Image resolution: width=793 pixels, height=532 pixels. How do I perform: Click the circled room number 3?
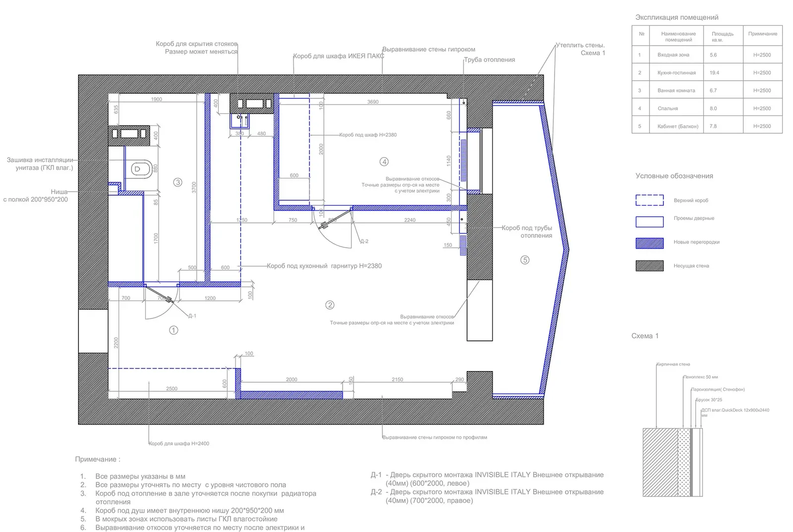click(x=178, y=182)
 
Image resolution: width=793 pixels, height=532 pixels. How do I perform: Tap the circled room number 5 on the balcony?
click(x=525, y=260)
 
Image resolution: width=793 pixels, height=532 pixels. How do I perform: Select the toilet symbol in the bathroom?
click(x=140, y=169)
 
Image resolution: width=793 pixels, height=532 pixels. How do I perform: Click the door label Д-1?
click(x=192, y=316)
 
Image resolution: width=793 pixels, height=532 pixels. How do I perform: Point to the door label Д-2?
click(x=364, y=241)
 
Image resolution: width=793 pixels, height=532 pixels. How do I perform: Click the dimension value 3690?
click(x=373, y=102)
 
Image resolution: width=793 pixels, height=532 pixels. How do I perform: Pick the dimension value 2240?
click(x=409, y=220)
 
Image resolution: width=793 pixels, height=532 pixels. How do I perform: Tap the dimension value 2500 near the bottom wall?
click(x=171, y=389)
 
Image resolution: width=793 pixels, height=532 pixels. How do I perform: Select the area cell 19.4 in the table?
click(x=714, y=73)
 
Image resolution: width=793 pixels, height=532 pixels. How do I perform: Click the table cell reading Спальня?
click(x=668, y=108)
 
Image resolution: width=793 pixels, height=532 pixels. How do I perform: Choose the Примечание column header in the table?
click(x=762, y=34)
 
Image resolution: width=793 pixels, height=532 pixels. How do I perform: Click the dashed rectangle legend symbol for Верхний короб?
click(x=649, y=200)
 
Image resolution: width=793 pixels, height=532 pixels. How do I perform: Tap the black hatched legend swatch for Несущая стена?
click(x=649, y=266)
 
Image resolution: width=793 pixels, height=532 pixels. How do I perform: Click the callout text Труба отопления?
click(x=489, y=60)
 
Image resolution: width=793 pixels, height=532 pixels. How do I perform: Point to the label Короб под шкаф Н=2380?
click(x=368, y=135)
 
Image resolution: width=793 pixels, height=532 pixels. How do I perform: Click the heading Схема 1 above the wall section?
click(x=645, y=336)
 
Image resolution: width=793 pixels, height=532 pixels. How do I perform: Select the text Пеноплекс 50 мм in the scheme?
click(x=700, y=377)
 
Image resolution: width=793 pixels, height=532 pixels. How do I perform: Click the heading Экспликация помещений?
click(x=677, y=17)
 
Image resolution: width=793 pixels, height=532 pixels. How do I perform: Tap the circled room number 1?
click(x=173, y=330)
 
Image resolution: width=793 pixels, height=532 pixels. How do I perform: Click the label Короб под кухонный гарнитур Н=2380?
click(x=324, y=266)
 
